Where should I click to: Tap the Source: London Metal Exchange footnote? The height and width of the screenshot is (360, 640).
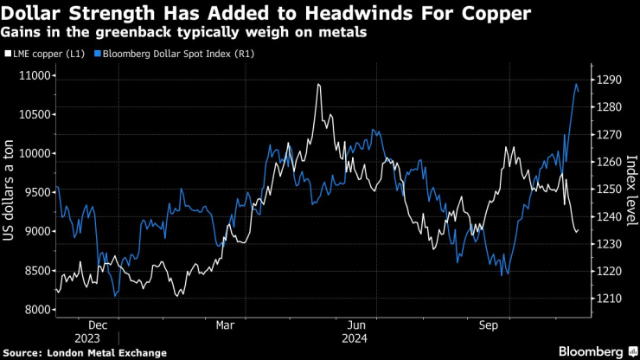[85, 352]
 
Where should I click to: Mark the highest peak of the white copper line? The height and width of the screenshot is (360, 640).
[318, 85]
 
